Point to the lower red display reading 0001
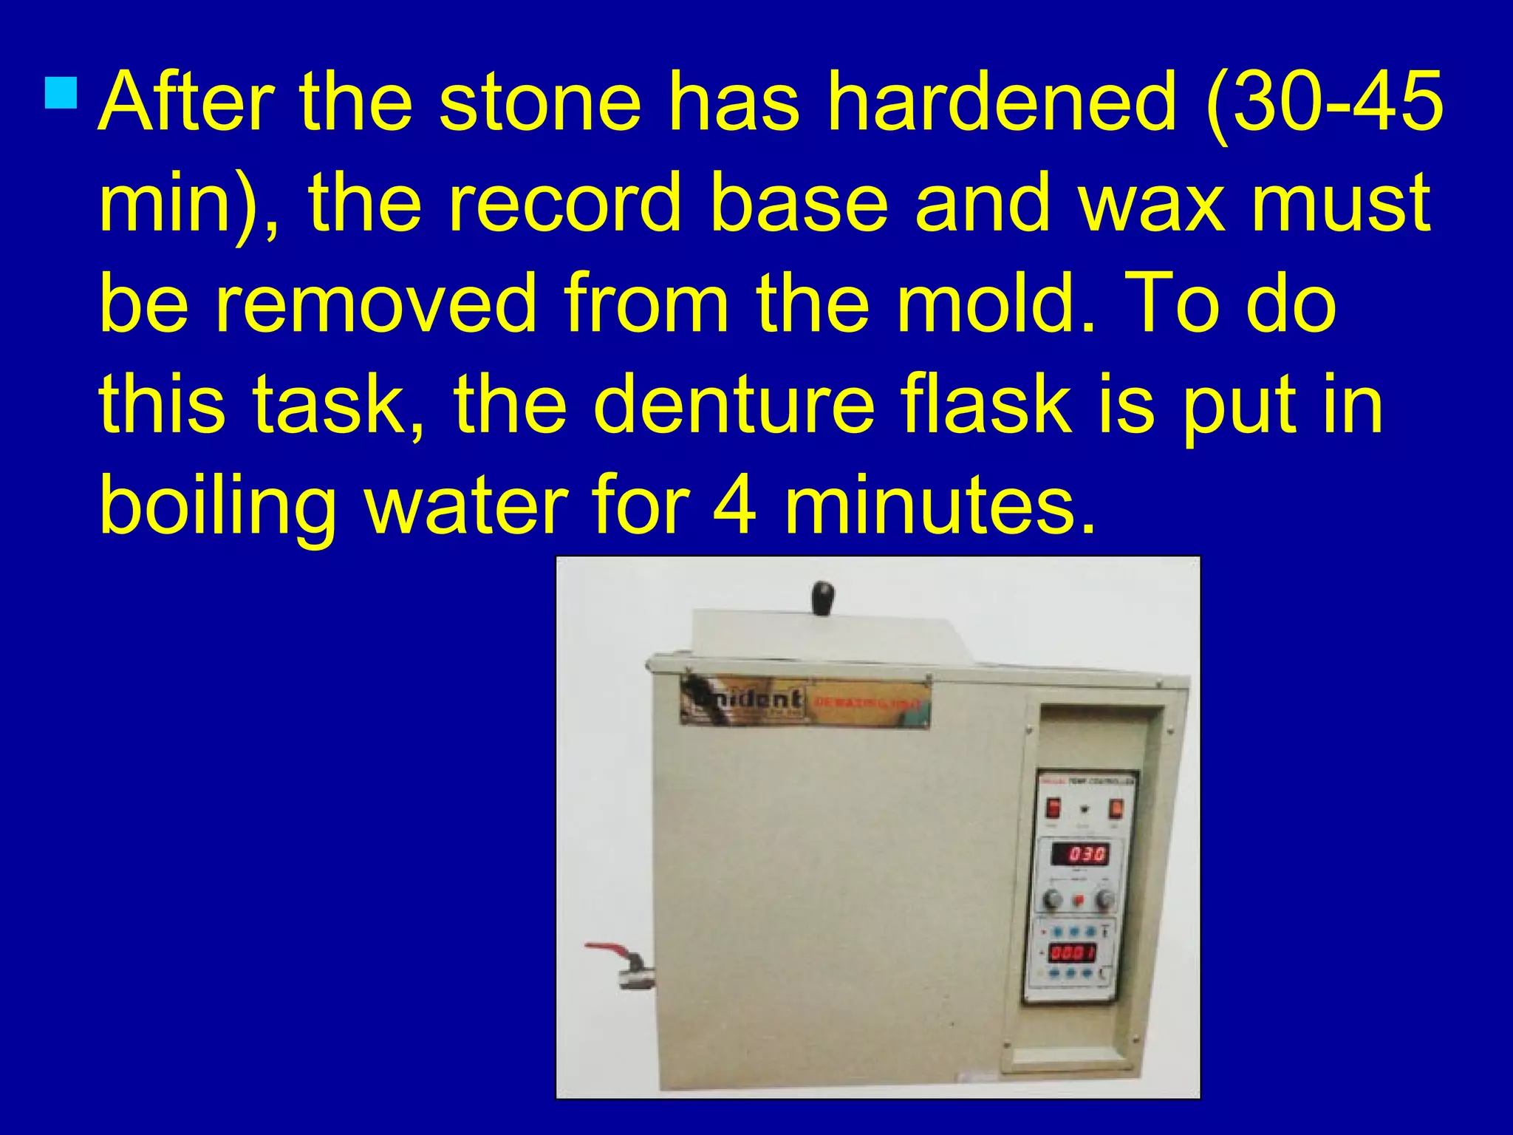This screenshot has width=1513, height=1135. pyautogui.click(x=1073, y=952)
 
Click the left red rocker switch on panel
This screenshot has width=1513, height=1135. pyautogui.click(x=1053, y=809)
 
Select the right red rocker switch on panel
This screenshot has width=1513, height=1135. pyautogui.click(x=1116, y=810)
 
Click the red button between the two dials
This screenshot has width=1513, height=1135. pyautogui.click(x=1078, y=900)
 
